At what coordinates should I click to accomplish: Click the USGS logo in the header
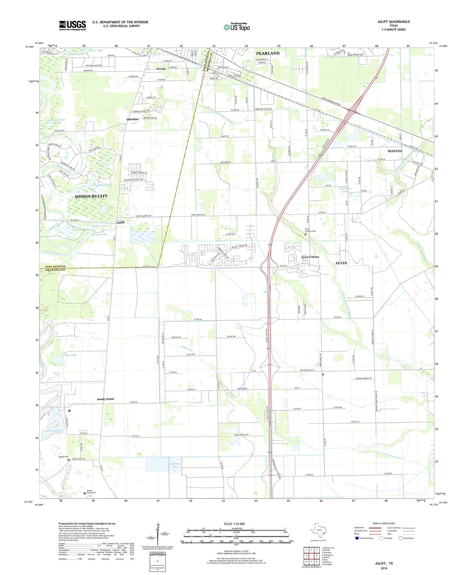pyautogui.click(x=72, y=25)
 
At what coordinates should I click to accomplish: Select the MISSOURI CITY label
pyautogui.click(x=91, y=196)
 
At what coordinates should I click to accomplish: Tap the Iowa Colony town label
pyautogui.click(x=310, y=257)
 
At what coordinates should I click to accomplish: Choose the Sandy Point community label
pyautogui.click(x=105, y=399)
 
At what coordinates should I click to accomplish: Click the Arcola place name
pyautogui.click(x=161, y=69)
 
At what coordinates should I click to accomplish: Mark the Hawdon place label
pyautogui.click(x=132, y=119)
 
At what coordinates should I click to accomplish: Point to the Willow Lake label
pyautogui.click(x=69, y=355)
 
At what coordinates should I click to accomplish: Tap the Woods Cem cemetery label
pyautogui.click(x=64, y=457)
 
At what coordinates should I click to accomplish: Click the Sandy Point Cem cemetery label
pyautogui.click(x=91, y=492)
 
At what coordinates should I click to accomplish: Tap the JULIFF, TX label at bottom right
pyautogui.click(x=384, y=563)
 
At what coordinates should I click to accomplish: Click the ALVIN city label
pyautogui.click(x=341, y=263)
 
